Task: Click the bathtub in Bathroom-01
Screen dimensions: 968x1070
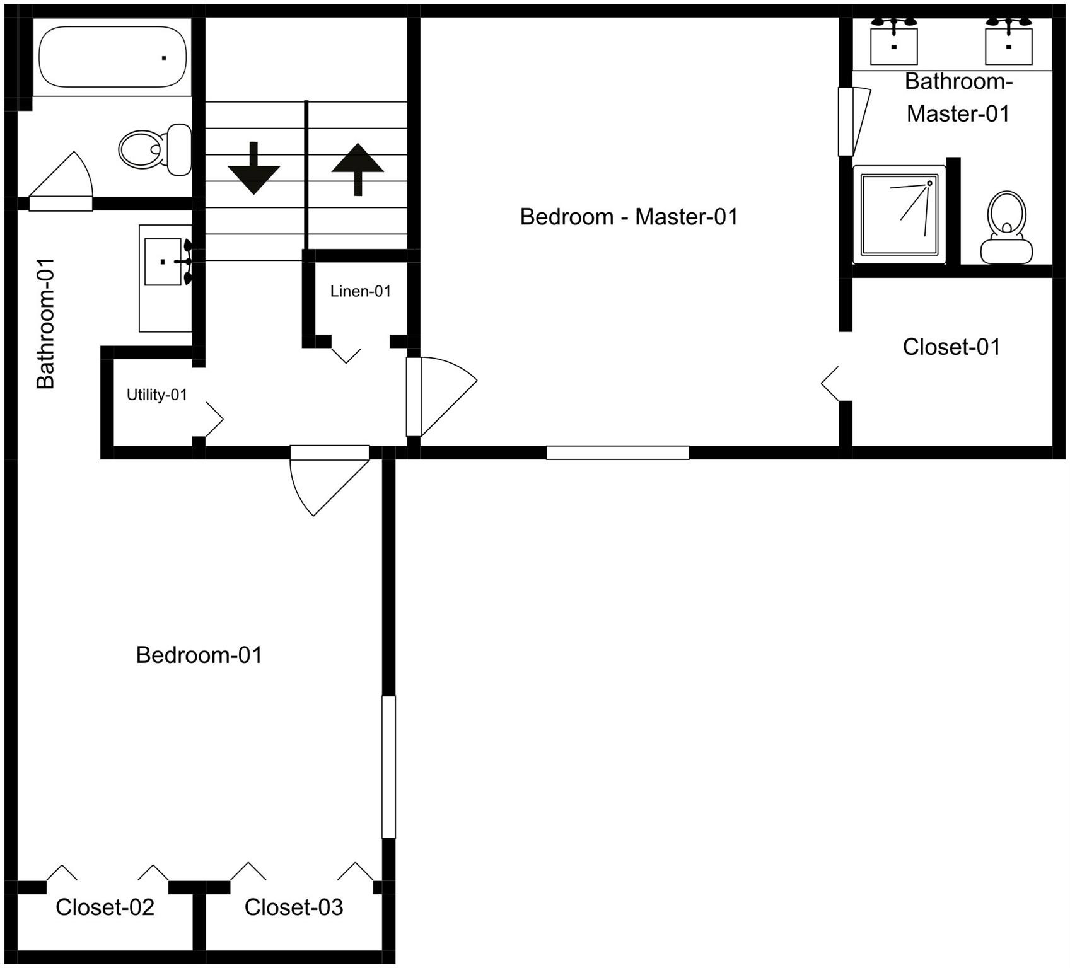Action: (112, 57)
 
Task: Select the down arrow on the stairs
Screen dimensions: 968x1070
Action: (253, 169)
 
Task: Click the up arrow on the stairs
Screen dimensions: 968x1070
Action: (358, 169)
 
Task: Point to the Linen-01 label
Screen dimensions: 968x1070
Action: (361, 291)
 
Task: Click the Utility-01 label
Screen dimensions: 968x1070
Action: (157, 395)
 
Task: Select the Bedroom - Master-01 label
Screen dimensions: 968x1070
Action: (629, 217)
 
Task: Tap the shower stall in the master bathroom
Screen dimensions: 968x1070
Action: (899, 214)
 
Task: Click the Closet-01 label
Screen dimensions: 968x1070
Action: (951, 347)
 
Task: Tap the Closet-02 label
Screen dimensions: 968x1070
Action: (105, 907)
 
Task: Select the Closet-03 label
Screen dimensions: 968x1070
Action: (294, 907)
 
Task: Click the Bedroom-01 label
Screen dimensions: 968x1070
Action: (199, 655)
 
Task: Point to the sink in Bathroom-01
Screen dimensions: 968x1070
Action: (163, 262)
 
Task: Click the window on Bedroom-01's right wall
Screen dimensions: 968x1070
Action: (388, 767)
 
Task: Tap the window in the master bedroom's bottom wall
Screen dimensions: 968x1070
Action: (617, 452)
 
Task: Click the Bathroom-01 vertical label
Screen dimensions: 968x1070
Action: (46, 323)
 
